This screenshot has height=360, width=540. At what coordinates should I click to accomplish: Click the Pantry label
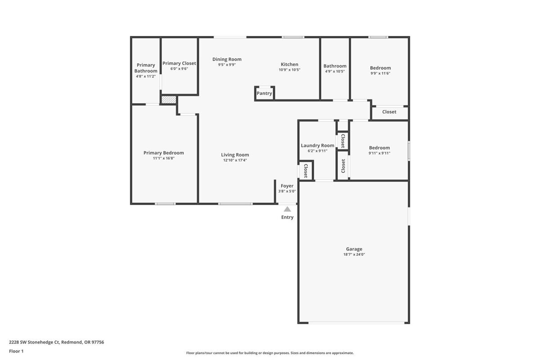(x=265, y=94)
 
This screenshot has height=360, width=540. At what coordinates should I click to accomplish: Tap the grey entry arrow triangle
(x=287, y=209)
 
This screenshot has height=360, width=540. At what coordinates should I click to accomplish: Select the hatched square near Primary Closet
(x=169, y=100)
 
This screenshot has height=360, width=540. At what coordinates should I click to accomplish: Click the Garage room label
(x=354, y=249)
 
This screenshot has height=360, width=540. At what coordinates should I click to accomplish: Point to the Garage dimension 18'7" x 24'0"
(x=354, y=255)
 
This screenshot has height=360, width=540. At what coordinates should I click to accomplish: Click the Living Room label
(x=235, y=155)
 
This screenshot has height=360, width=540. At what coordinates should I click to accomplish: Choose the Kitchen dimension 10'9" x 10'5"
(x=289, y=70)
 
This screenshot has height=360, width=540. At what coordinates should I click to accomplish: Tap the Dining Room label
(x=227, y=59)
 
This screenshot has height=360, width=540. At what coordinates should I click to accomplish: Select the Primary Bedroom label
(x=163, y=153)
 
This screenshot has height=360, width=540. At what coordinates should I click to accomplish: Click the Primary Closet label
(x=179, y=63)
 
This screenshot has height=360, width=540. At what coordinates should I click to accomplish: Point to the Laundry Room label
(x=317, y=145)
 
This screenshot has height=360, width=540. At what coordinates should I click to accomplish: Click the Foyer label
(x=287, y=186)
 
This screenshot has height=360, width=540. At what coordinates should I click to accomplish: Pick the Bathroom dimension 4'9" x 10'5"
(x=335, y=71)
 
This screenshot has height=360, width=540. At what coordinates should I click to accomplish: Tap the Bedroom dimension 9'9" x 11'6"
(x=380, y=73)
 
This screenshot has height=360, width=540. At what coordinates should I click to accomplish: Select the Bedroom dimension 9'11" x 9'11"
(x=379, y=153)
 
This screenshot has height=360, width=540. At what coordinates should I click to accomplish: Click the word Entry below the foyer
(x=287, y=217)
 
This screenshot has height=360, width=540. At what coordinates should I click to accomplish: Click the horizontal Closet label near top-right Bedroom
(x=389, y=112)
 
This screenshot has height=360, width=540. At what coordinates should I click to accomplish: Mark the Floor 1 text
(x=16, y=351)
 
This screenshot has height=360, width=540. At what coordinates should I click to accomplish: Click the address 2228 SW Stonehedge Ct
(x=34, y=342)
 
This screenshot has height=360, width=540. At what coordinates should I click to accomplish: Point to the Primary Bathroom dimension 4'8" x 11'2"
(x=146, y=76)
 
